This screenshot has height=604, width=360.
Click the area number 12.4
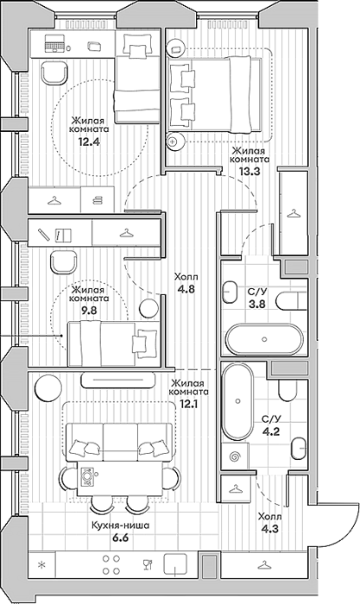pyautogui.click(x=89, y=142)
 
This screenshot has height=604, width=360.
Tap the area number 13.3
pyautogui.click(x=249, y=171)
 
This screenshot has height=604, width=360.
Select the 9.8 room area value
pyautogui.click(x=89, y=310)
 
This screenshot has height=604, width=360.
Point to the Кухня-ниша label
pyautogui.click(x=120, y=525)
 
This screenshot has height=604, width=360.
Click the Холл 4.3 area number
pyautogui.click(x=270, y=529)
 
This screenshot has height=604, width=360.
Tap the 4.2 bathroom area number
pyautogui.click(x=271, y=431)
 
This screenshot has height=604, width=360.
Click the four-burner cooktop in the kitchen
pyautogui.click(x=111, y=564)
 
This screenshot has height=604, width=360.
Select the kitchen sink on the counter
pyautogui.click(x=175, y=564)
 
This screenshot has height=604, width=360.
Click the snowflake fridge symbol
pyautogui.click(x=41, y=564)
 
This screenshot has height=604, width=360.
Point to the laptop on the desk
pyautogui.click(x=55, y=43)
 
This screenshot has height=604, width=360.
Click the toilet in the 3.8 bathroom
pyautogui.click(x=292, y=300)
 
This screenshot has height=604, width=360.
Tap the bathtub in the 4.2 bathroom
pyautogui.click(x=237, y=401)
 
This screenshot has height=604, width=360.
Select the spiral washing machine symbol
pyautogui.click(x=235, y=456)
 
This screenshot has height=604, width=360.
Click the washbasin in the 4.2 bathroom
pyautogui.click(x=299, y=449)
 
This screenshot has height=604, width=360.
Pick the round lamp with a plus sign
pyautogui.click(x=173, y=142)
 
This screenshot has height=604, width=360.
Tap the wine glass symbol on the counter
pyautogui.click(x=148, y=564)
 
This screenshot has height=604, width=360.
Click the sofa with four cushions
pyautogui.click(x=119, y=442)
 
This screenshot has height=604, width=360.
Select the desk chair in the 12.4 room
pyautogui.click(x=54, y=72)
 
